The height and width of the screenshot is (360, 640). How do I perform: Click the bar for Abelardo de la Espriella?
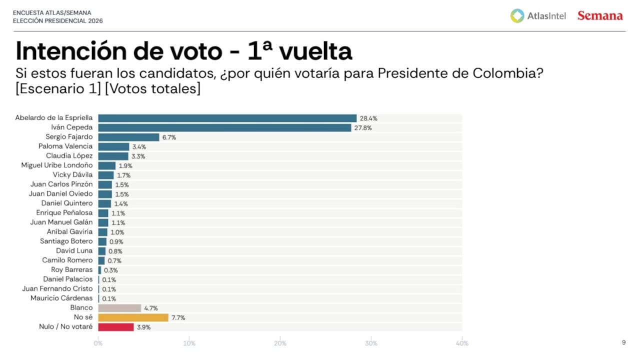227,118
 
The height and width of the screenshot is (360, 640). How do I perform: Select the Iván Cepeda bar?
224,127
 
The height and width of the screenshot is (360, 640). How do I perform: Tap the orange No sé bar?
133,317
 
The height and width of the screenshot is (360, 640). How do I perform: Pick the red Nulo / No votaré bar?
116,327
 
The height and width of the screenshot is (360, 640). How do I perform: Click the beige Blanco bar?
119,308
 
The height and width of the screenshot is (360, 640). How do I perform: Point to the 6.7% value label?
169,137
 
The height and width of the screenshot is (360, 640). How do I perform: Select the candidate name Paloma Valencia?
65,146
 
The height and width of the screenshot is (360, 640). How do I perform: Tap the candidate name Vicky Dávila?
72,175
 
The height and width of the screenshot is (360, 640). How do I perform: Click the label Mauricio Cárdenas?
61,298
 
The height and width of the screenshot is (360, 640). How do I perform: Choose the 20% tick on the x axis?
280,343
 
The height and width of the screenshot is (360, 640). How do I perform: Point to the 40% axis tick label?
461,343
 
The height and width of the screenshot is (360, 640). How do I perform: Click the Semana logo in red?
600,16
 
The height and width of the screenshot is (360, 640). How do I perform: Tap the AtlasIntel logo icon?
517,16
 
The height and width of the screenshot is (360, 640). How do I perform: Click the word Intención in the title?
69,51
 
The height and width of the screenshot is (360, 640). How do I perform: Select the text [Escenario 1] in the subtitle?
58,89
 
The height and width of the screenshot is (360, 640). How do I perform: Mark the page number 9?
623,342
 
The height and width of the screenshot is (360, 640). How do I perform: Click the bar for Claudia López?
113,156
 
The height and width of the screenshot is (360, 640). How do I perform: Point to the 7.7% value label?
178,318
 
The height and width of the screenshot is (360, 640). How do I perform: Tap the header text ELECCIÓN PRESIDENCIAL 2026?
57,21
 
